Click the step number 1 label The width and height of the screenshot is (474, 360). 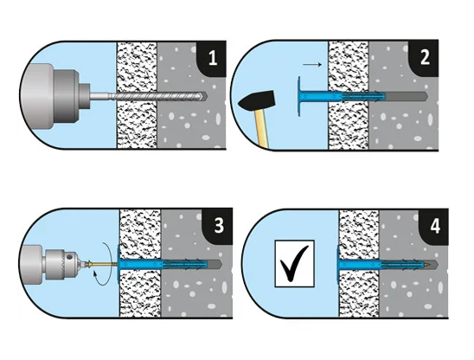(213, 58)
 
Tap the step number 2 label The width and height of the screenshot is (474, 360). (425, 57)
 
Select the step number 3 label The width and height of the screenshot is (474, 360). (219, 225)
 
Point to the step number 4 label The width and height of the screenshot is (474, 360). (435, 226)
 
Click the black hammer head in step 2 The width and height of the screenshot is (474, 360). (257, 100)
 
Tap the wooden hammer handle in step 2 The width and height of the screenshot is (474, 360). (262, 128)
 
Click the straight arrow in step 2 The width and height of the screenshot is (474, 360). (312, 64)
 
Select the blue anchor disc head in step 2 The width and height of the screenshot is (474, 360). (299, 96)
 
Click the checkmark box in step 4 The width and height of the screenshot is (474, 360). (294, 263)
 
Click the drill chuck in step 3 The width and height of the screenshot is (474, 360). (62, 264)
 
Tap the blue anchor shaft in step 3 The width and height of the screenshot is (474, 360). (163, 265)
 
